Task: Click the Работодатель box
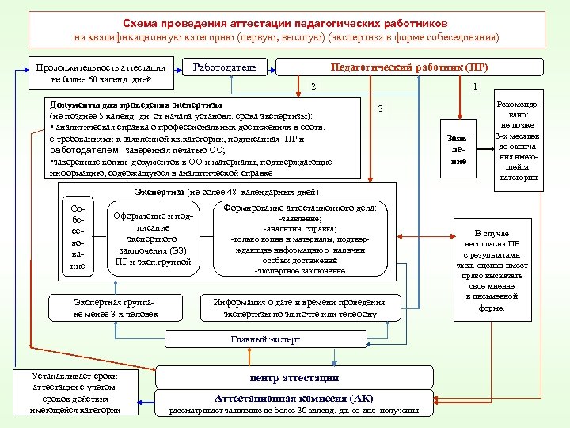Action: click(225, 68)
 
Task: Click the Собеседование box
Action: click(77, 237)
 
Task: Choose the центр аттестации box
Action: click(294, 378)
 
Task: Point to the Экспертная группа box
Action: click(116, 308)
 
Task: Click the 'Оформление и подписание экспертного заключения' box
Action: click(153, 237)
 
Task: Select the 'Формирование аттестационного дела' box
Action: click(299, 239)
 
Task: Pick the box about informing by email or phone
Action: click(299, 308)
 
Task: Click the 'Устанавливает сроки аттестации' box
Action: click(75, 392)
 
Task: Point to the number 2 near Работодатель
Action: click(313, 86)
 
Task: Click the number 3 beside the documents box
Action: click(380, 109)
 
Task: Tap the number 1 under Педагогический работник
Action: click(473, 86)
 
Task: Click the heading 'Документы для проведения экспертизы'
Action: click(135, 105)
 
